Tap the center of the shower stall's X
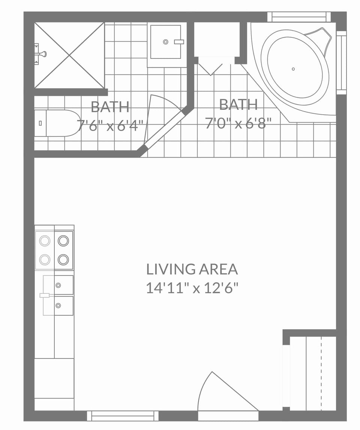click(x=69, y=55)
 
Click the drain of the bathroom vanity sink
click(x=165, y=42)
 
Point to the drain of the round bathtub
click(x=293, y=69)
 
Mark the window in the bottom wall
click(x=123, y=416)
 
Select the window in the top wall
click(x=299, y=17)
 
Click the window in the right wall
click(x=341, y=63)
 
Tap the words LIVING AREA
click(x=192, y=269)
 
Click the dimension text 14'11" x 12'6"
click(x=192, y=288)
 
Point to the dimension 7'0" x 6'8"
click(x=238, y=123)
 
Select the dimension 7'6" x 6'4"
click(x=110, y=125)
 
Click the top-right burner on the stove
click(x=63, y=240)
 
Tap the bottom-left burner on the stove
click(x=45, y=259)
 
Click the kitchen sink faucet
click(x=45, y=295)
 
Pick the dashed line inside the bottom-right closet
click(x=321, y=373)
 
